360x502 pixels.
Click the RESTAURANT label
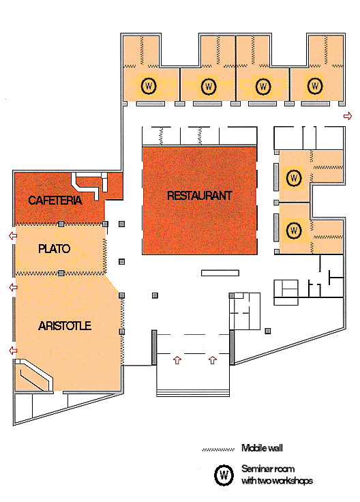pos(200,195)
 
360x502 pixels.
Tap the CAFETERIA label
pos(55,201)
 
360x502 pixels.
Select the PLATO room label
pos(54,249)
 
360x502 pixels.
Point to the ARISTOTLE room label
pos(65,326)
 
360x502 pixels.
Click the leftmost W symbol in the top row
pos(149,86)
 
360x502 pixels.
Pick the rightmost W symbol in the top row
pos(315,85)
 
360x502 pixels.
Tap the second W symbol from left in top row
pos(209,86)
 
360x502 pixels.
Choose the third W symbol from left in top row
pos(263,86)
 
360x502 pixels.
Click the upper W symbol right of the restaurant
pos(294,178)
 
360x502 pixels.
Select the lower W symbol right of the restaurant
pos(294,231)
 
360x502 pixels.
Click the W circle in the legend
pos(224,475)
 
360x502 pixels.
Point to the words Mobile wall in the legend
pos(262,448)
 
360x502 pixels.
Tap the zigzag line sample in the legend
pos(218,449)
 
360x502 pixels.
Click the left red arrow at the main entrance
pos(177,360)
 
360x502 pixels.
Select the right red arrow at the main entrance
pos(213,360)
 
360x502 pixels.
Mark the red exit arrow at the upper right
pos(348,116)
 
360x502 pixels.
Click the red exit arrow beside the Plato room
pos(13,236)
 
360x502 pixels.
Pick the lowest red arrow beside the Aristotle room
pos(13,351)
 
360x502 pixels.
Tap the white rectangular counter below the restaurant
pos(220,273)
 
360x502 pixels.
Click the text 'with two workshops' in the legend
pos(277,481)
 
